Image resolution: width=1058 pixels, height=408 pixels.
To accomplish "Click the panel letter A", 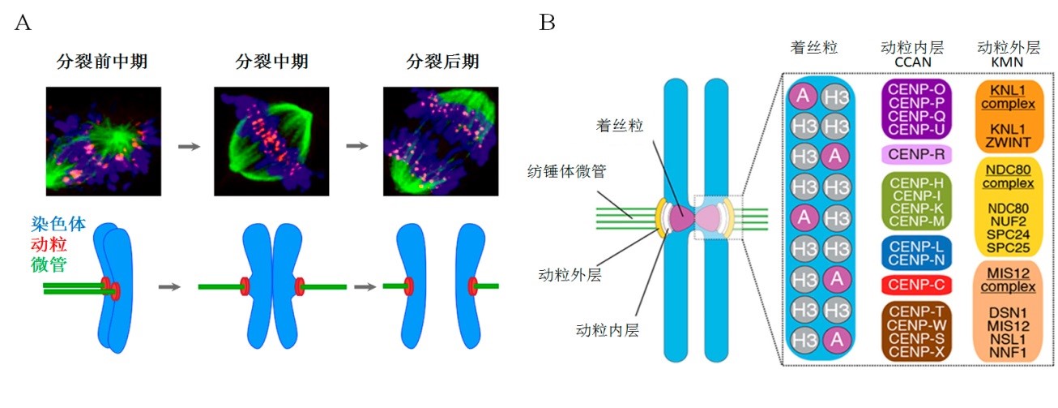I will (x=23, y=23).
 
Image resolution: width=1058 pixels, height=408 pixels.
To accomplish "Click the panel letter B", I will (x=548, y=23).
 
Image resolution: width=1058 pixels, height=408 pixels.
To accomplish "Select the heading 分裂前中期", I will (x=101, y=62).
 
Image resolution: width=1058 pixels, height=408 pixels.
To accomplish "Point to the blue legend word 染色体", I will (x=58, y=225).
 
